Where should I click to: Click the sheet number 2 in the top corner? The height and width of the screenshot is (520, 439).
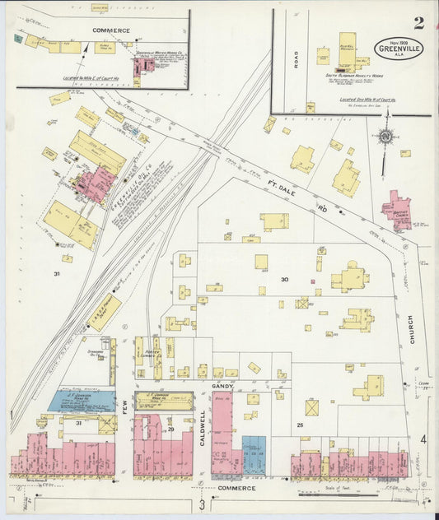pyautogui.click(x=419, y=22)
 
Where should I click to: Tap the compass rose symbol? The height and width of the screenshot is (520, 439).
pyautogui.click(x=385, y=137)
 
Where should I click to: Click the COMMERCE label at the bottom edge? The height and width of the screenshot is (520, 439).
pyautogui.click(x=236, y=488)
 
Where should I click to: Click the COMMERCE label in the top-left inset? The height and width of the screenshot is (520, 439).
pyautogui.click(x=111, y=30)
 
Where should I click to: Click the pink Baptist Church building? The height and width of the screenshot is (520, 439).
pyautogui.click(x=398, y=208)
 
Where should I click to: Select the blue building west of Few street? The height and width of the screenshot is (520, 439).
pyautogui.click(x=81, y=402)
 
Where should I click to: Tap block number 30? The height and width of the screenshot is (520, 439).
pyautogui.click(x=284, y=280)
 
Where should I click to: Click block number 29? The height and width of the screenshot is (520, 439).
pyautogui.click(x=171, y=429)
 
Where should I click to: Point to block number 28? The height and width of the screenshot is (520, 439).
pyautogui.click(x=300, y=426)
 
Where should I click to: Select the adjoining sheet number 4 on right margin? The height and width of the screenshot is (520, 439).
pyautogui.click(x=423, y=441)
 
